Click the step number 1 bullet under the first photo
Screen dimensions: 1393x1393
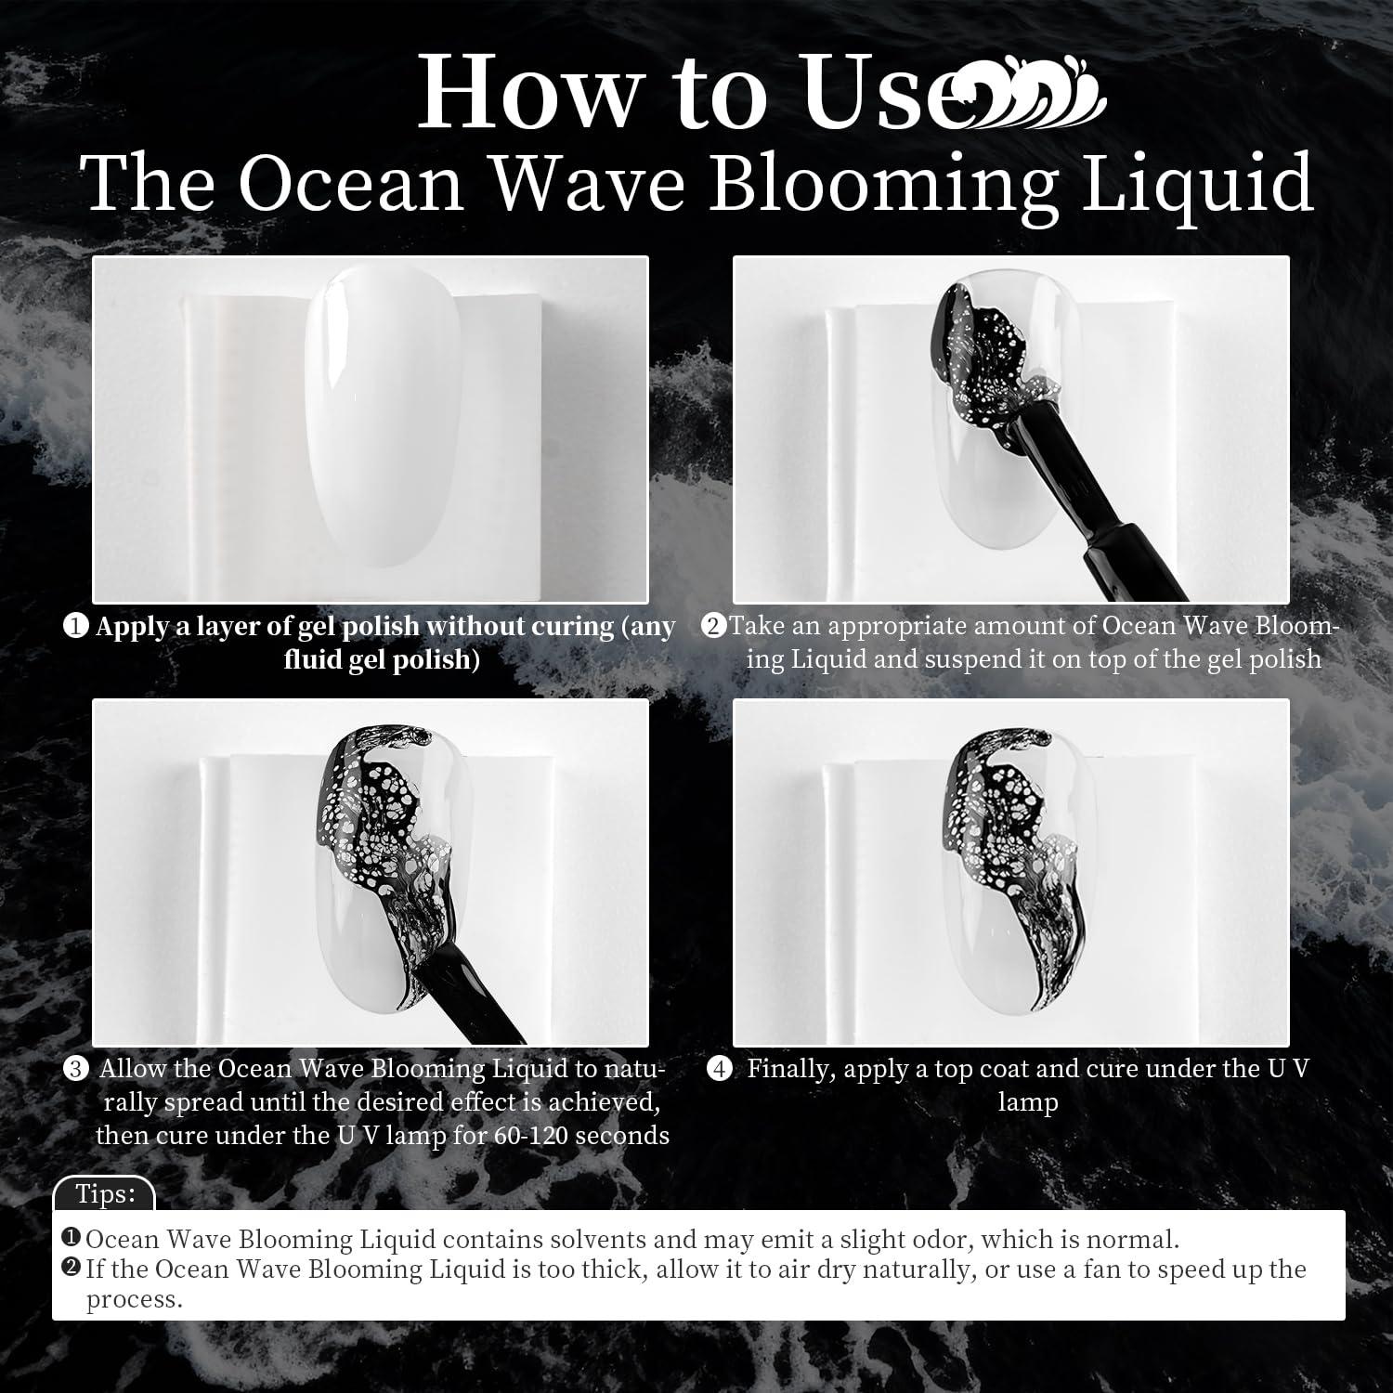coord(76,628)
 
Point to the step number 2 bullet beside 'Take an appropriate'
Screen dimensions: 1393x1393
coord(713,627)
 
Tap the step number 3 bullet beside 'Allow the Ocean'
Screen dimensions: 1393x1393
coord(75,1070)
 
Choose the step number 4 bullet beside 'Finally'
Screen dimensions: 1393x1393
coord(718,1070)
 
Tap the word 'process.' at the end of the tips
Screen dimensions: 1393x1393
coord(135,1300)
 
